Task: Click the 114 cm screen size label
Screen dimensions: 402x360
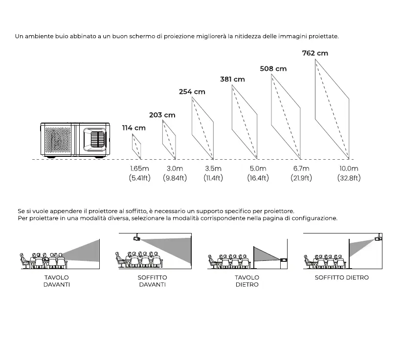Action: (134, 128)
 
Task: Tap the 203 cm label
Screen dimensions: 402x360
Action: (162, 115)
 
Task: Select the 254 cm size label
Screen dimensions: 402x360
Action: (192, 91)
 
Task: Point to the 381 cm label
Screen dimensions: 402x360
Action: (232, 79)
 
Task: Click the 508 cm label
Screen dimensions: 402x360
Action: (273, 69)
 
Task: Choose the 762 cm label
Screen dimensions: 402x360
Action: (315, 53)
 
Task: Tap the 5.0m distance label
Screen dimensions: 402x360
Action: (258, 169)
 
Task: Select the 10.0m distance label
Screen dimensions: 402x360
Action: (349, 169)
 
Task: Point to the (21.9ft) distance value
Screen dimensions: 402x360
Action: (300, 178)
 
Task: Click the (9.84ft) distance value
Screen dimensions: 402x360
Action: (175, 178)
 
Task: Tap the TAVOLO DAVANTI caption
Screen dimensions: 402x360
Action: (56, 281)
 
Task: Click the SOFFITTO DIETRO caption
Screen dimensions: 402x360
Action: (342, 277)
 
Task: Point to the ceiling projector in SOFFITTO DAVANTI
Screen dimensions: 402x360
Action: (137, 238)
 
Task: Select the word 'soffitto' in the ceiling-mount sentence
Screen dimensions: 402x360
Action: (129, 211)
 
